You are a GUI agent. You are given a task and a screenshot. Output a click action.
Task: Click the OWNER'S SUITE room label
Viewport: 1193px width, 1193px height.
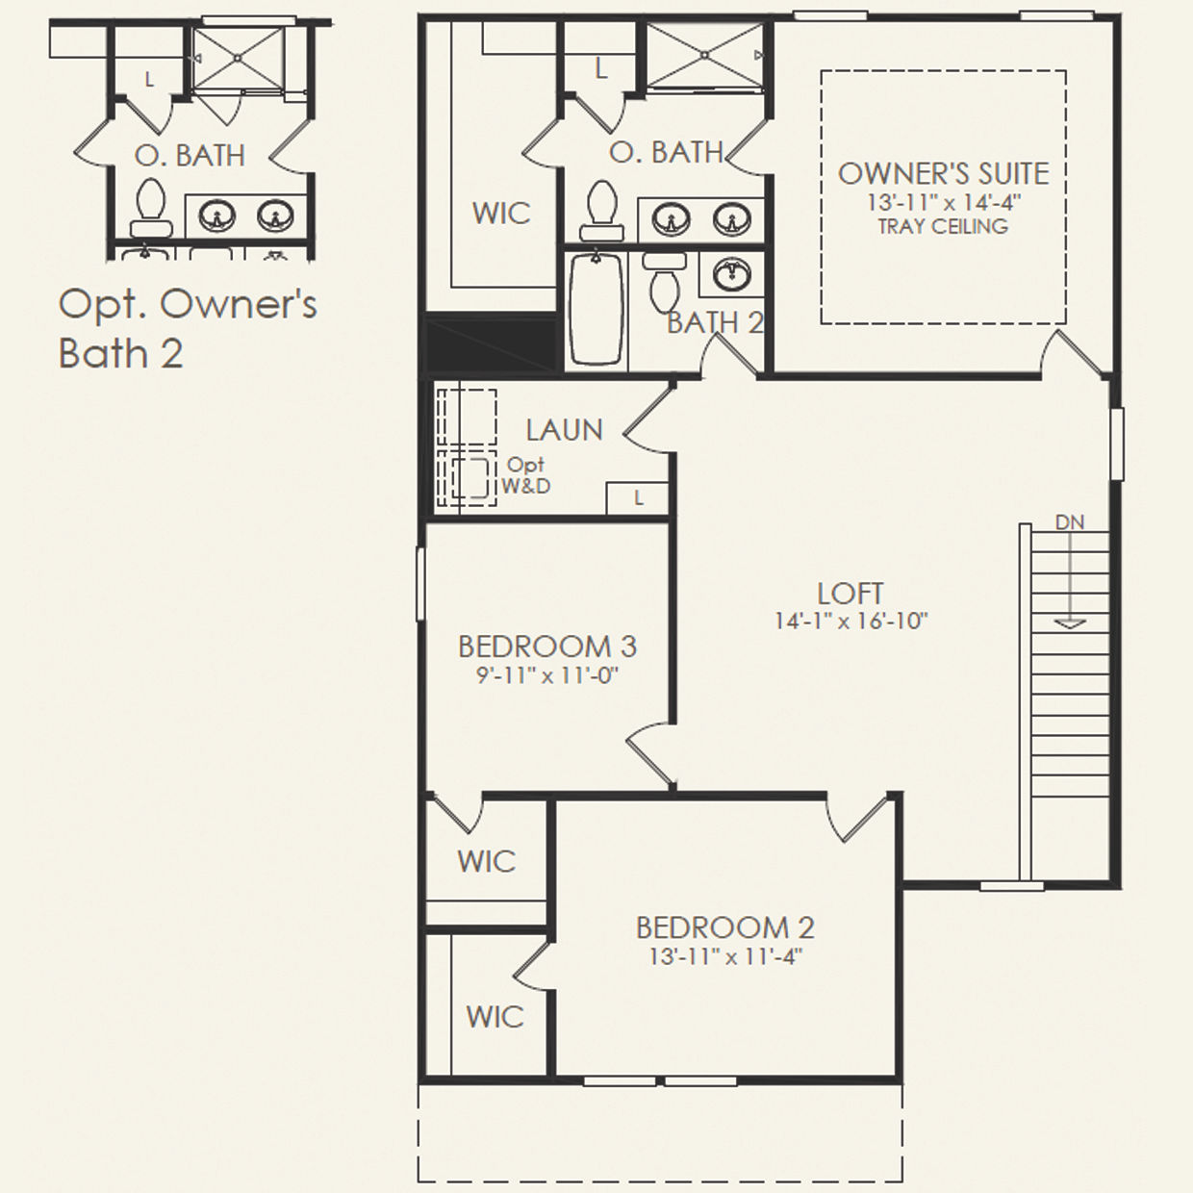[x=943, y=174]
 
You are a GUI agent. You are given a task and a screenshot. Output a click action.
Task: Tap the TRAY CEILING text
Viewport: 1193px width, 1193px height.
[x=943, y=227]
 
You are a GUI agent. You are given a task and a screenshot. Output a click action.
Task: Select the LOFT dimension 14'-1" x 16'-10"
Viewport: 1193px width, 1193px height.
[x=851, y=621]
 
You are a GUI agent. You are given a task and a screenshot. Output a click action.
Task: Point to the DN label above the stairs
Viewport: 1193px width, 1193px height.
[x=1070, y=522]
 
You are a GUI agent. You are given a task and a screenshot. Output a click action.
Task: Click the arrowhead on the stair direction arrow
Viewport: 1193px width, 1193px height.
[x=1070, y=623]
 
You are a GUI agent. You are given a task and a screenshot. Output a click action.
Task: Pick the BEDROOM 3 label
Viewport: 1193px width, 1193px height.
[x=547, y=647]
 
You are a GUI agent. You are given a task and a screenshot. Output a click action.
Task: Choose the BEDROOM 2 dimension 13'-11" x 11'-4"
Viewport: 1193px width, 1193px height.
[x=725, y=957]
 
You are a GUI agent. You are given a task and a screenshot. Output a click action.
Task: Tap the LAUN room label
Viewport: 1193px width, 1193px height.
[x=564, y=430]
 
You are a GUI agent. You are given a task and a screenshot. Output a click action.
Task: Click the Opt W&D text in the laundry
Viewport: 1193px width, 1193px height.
[x=525, y=475]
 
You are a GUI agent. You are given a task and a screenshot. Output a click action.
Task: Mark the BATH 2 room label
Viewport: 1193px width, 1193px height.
[x=715, y=323]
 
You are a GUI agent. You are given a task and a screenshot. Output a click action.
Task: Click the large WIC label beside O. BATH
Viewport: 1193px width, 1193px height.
[x=501, y=214]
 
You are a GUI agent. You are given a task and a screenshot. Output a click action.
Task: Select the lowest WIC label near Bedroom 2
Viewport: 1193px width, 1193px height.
[x=495, y=1017]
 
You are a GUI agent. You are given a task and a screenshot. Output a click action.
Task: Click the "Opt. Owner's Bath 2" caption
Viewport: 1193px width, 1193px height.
[x=188, y=329]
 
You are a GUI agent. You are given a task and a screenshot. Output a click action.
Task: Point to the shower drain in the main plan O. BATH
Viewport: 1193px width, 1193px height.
[x=705, y=55]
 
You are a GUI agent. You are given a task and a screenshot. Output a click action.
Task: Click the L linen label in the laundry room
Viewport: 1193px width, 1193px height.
[x=638, y=497]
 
